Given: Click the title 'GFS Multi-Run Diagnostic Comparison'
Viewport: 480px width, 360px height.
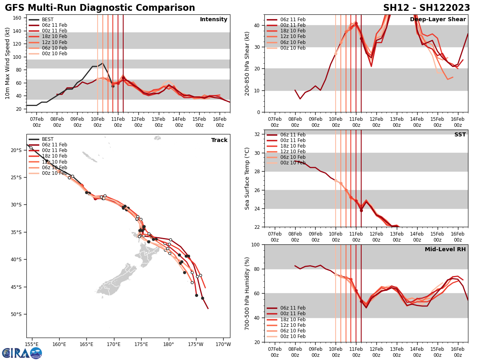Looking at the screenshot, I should (x=100, y=8).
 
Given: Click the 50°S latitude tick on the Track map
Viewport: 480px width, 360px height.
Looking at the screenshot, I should (x=16, y=314).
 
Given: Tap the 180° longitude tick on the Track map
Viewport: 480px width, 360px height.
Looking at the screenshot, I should (x=168, y=344).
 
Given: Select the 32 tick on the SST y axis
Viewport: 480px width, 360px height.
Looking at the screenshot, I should (x=257, y=134).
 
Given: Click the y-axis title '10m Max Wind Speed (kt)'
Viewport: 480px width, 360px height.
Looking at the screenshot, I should (x=8, y=63).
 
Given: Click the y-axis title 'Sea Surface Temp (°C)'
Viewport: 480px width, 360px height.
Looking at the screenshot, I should (x=247, y=178).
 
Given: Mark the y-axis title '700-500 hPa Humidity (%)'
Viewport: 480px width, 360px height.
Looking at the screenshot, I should (x=247, y=293).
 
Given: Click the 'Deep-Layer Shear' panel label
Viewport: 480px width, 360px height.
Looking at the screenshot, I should (x=438, y=20).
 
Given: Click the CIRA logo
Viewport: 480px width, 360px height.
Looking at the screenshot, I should (x=22, y=353).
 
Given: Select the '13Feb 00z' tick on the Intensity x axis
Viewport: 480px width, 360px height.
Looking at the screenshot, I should (x=158, y=122).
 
